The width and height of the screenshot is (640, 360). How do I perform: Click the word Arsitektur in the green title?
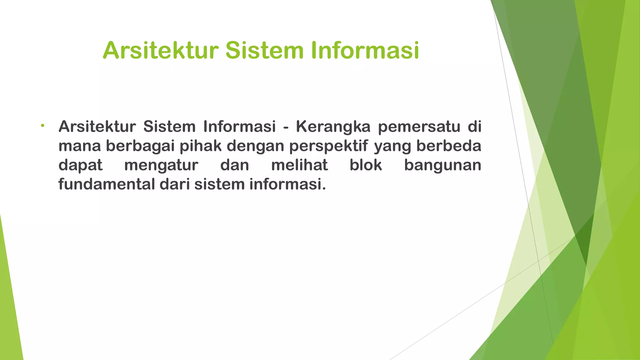pos(160,51)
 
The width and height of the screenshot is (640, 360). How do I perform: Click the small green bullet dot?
pos(42,126)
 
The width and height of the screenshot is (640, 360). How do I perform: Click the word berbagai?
pos(140,146)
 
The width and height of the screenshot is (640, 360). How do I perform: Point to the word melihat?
pos(299,165)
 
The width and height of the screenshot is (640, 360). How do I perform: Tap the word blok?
pos(366,165)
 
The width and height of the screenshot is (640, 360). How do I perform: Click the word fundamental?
pos(107,184)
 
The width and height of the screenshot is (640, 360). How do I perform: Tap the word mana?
pos(80,146)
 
